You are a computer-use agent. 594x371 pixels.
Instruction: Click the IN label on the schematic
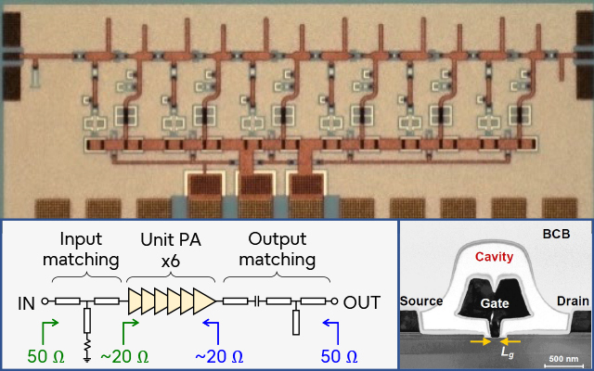(x=26, y=301)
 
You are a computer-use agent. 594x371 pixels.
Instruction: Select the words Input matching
(x=84, y=246)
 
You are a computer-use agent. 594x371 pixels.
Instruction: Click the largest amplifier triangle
(x=203, y=301)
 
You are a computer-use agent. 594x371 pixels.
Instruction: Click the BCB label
(x=557, y=236)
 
